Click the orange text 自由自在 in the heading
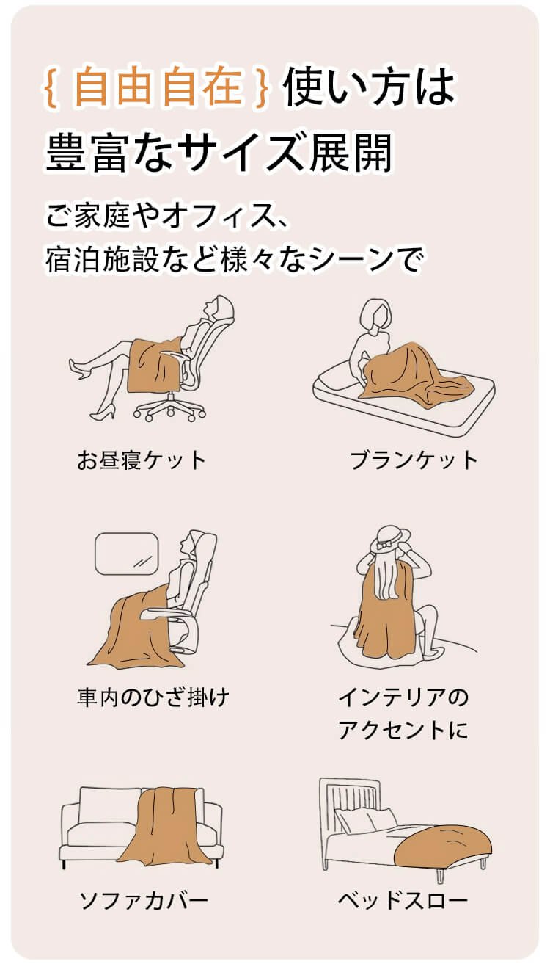pos(158,86)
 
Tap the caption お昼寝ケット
pos(142,460)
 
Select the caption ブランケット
pos(414,460)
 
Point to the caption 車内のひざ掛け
pos(153,697)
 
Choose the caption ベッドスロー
pos(403,899)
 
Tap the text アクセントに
pos(403,730)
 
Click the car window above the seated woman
pos(126,554)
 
